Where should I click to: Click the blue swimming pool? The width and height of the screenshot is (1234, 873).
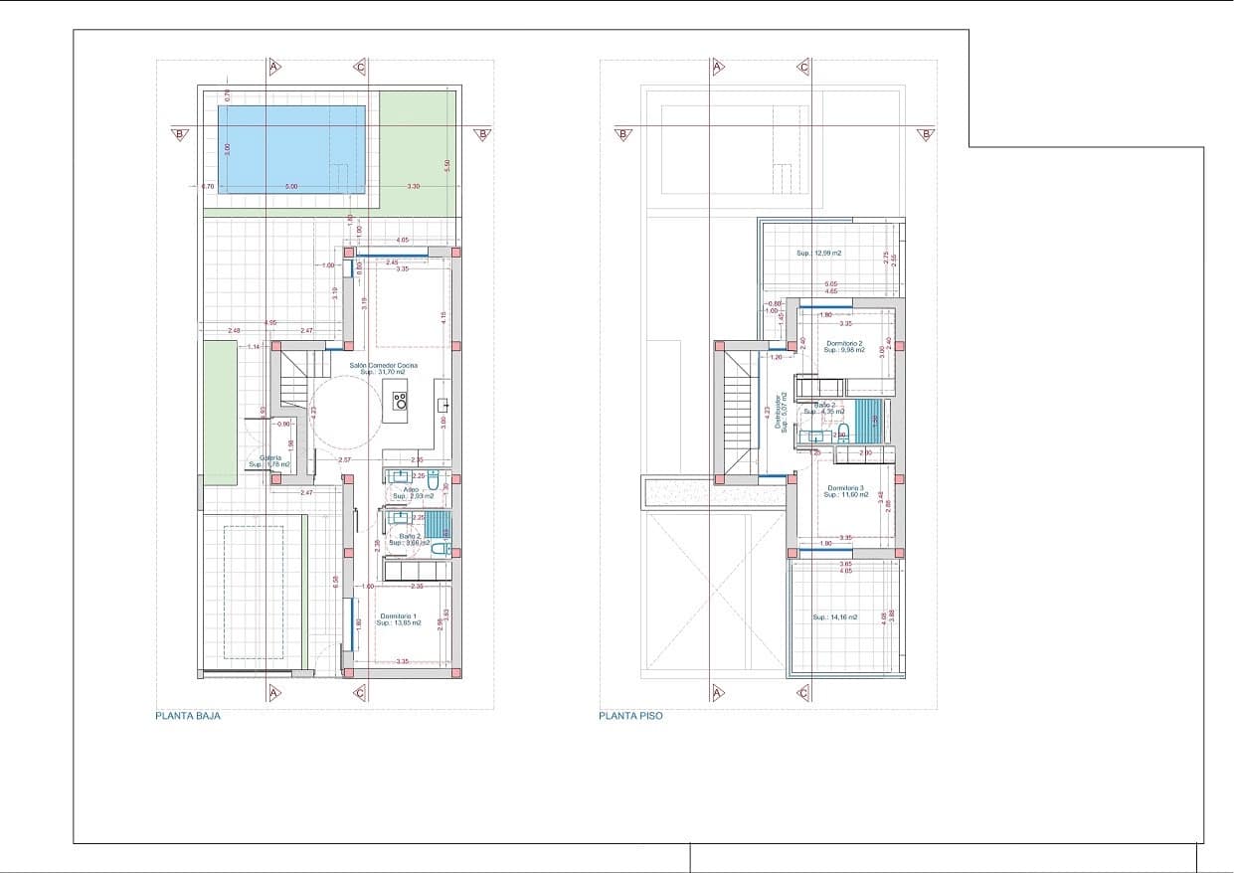click(290, 149)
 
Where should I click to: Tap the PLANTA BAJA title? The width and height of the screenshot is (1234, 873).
click(188, 716)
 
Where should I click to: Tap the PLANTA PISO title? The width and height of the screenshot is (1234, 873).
click(630, 716)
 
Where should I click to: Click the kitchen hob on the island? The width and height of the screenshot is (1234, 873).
click(400, 402)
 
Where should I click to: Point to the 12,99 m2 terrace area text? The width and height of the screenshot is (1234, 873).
click(818, 254)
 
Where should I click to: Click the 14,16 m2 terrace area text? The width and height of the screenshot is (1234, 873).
click(834, 617)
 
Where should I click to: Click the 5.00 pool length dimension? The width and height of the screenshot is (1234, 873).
click(290, 187)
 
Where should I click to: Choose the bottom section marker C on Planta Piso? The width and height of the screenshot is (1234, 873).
click(803, 693)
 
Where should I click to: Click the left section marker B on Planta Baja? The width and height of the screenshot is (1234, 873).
click(180, 133)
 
